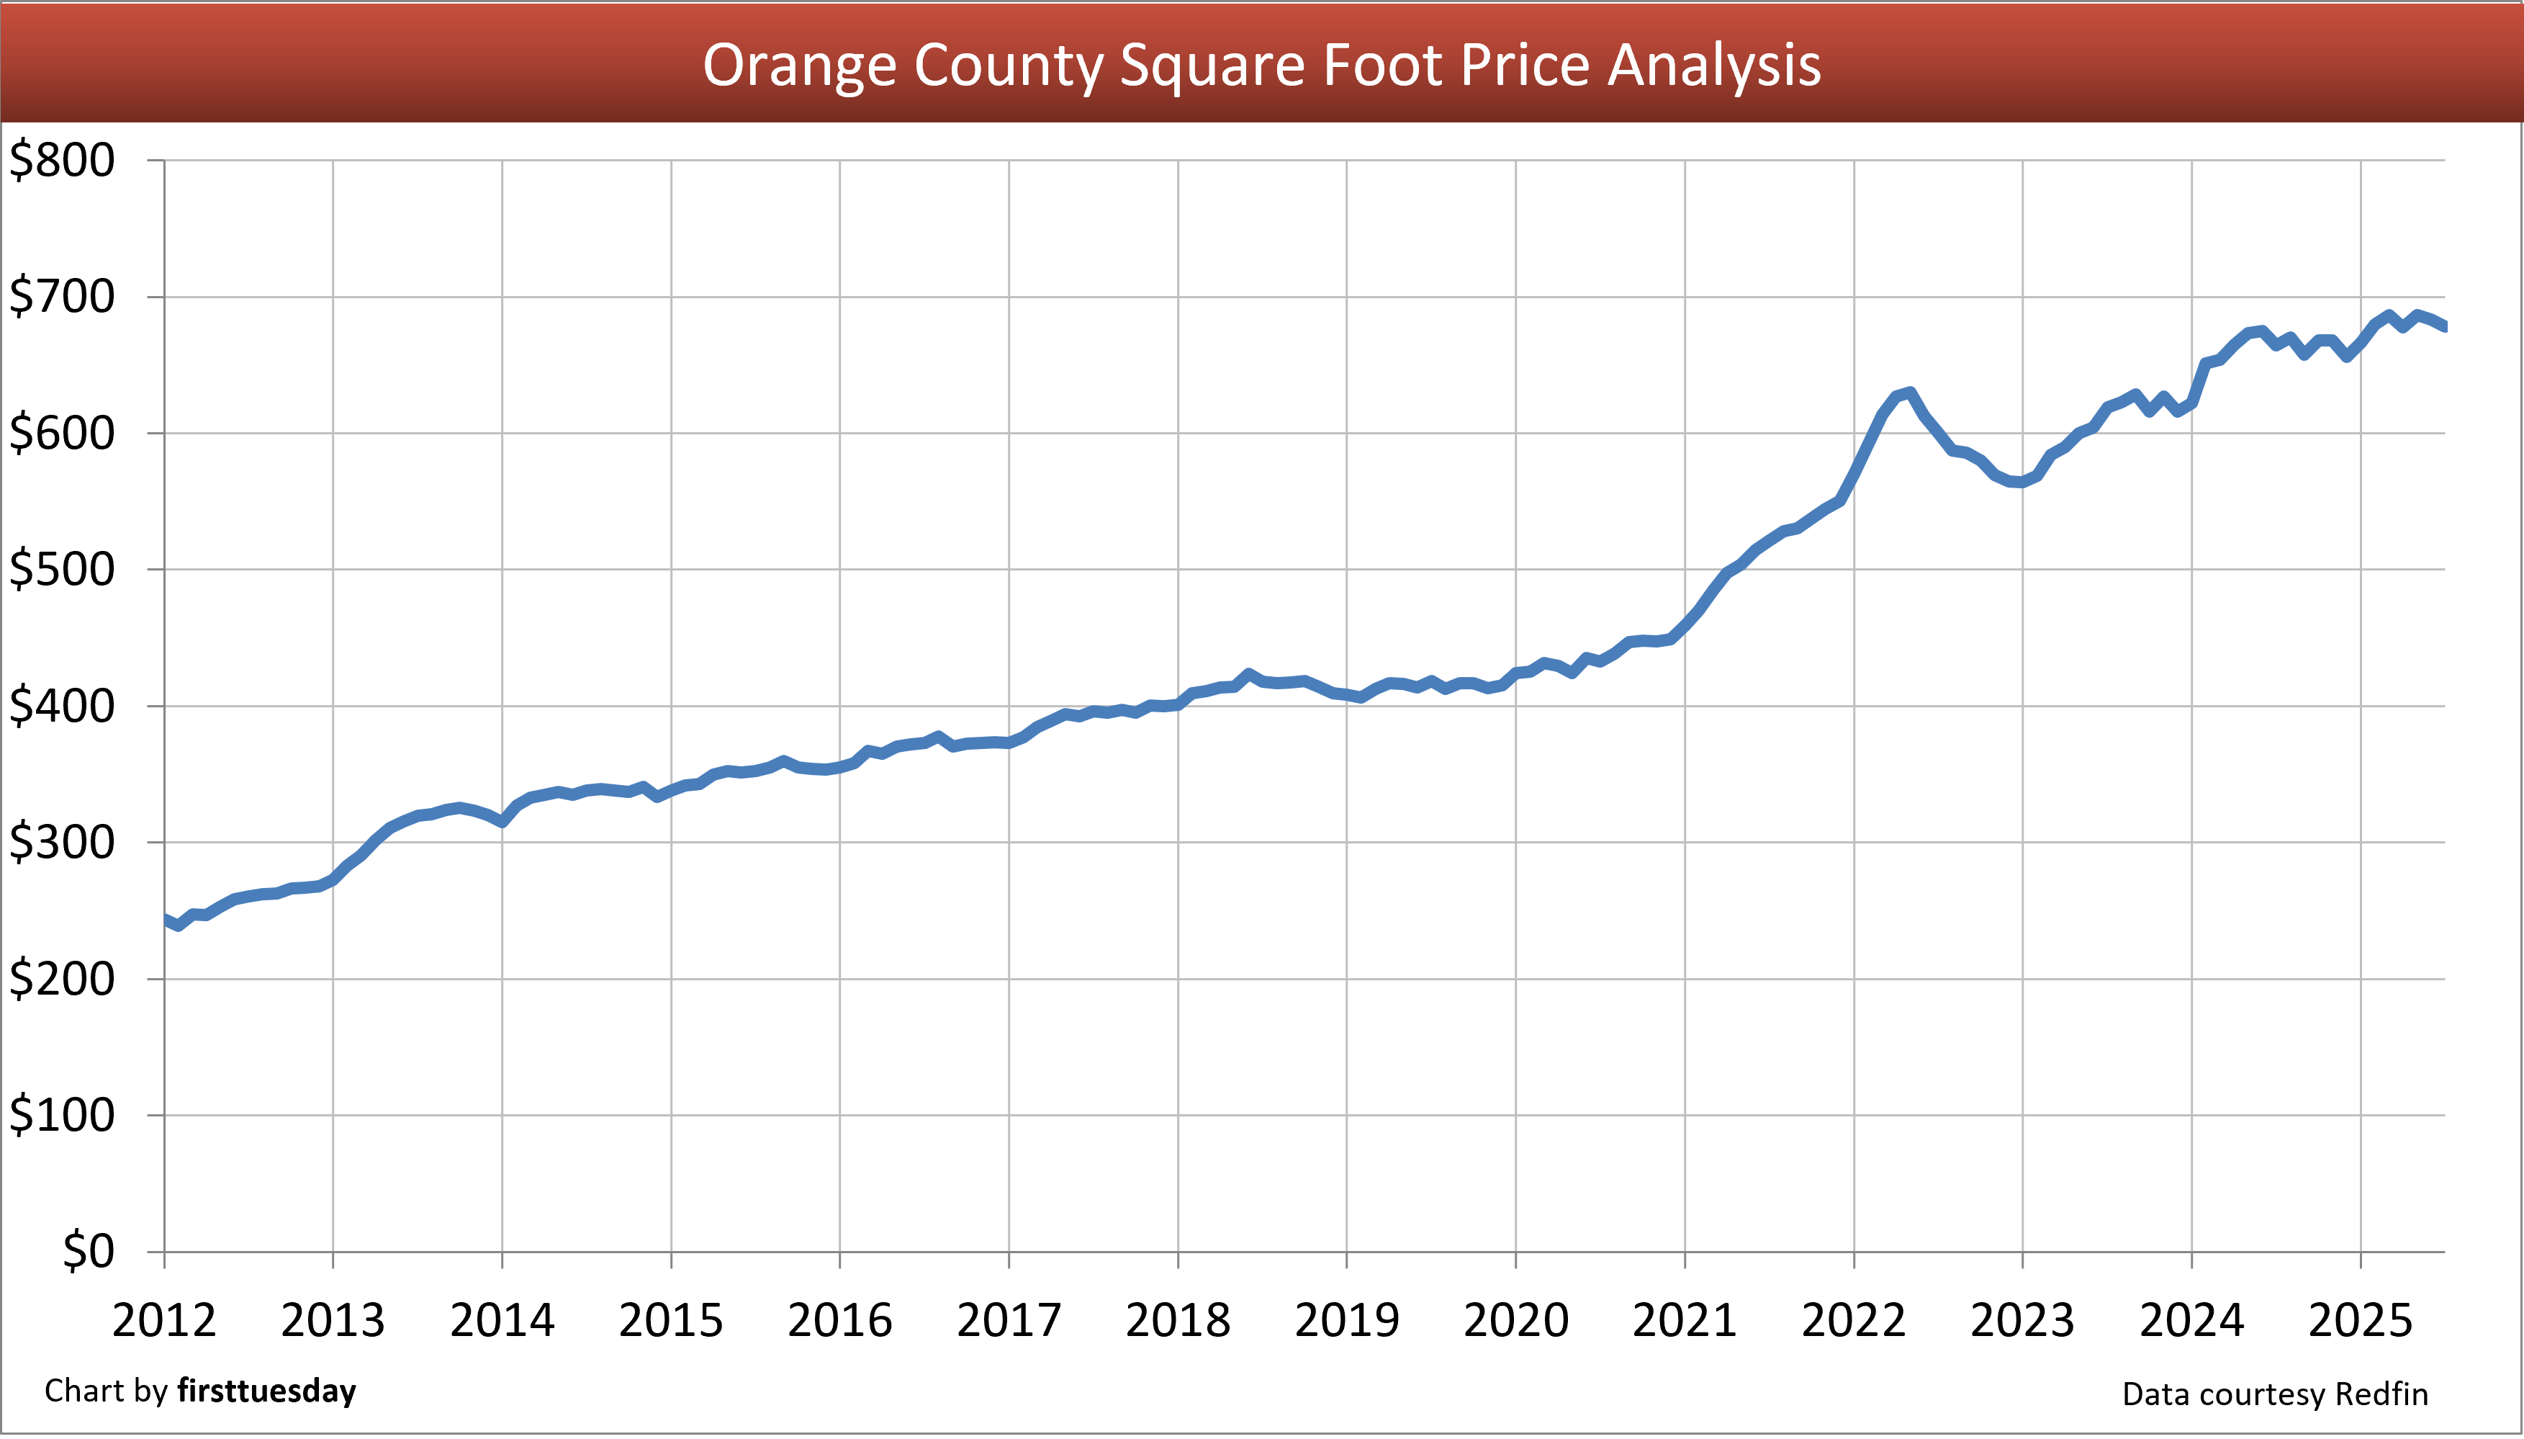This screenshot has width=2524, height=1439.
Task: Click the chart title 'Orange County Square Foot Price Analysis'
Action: [x=1261, y=66]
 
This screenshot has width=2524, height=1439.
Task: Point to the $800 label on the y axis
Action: [x=61, y=160]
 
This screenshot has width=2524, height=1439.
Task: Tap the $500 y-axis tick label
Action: [x=61, y=569]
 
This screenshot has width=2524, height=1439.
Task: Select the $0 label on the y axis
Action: [x=88, y=1251]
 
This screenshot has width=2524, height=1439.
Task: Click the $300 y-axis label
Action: [x=61, y=842]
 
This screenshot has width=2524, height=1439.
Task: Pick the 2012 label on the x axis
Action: [x=164, y=1320]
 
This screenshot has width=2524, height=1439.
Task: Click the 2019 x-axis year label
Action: [x=1346, y=1320]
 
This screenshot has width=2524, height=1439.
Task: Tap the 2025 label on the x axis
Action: [x=2360, y=1320]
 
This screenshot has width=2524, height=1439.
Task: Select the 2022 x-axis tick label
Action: [x=1853, y=1320]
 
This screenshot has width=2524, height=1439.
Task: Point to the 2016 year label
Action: [x=839, y=1320]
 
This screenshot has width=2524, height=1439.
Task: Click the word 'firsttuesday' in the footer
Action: [x=266, y=1391]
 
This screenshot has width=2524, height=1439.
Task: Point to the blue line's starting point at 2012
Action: [x=165, y=919]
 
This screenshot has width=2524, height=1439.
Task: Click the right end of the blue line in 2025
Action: [x=2443, y=326]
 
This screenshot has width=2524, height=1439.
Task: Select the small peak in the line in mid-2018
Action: [x=1248, y=674]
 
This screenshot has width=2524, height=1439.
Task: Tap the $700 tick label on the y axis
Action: [x=61, y=297]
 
